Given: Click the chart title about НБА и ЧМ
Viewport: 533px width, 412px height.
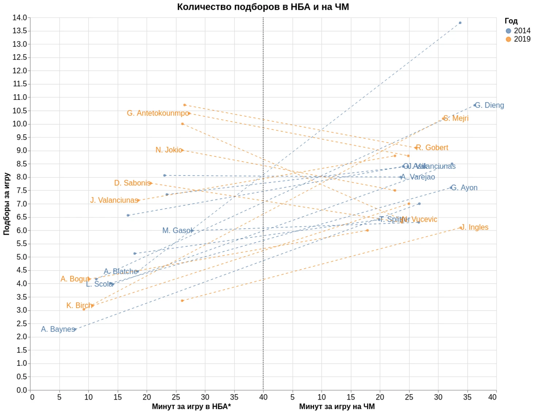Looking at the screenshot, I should (263, 7).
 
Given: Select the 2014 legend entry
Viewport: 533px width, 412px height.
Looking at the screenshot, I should (518, 31).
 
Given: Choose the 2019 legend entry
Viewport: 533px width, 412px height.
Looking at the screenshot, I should (518, 39).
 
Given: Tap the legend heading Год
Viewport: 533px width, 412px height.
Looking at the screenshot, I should (511, 21).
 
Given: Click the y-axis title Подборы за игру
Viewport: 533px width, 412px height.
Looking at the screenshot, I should (7, 204).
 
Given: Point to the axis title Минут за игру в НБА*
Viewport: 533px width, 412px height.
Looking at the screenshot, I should (191, 406).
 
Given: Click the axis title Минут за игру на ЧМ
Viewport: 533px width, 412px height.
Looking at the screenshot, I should (337, 406).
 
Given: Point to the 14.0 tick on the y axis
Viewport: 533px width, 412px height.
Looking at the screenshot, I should (20, 18).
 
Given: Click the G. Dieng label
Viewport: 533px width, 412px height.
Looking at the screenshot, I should (489, 105).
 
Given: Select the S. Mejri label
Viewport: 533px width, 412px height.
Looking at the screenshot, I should (456, 118).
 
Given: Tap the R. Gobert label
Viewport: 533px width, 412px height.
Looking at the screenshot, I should (432, 148).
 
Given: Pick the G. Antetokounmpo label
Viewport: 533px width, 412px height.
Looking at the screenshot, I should (158, 113).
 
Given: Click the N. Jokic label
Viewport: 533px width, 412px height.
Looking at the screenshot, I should (169, 150).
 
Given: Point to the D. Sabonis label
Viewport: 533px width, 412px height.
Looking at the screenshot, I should (132, 183).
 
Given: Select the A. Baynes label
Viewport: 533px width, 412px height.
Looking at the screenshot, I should (58, 329).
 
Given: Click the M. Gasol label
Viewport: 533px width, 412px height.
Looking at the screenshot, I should (177, 230).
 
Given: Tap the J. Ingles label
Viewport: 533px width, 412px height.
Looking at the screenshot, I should (474, 227).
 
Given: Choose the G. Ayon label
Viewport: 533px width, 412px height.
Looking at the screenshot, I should (464, 188).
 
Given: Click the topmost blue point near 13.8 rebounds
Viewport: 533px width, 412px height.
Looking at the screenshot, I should (460, 23).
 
